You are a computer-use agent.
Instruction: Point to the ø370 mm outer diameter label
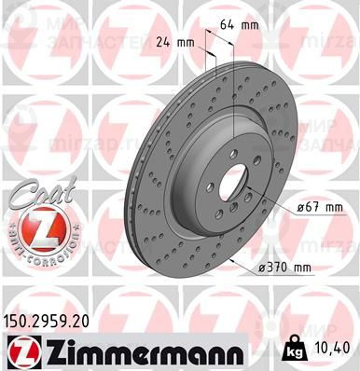coord(283,268)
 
